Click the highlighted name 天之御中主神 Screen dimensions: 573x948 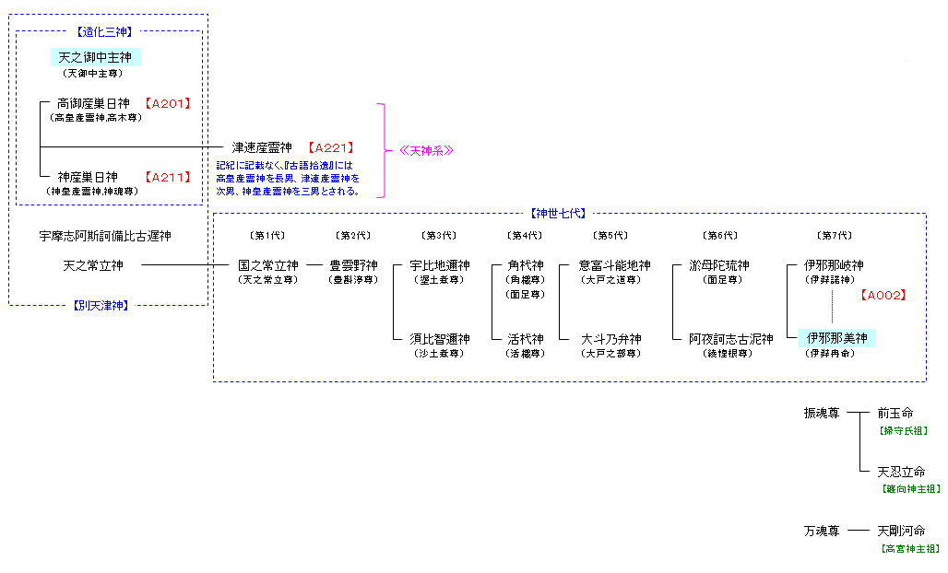pos(95,58)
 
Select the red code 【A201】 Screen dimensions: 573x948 pos(167,103)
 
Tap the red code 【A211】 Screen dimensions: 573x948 pos(167,177)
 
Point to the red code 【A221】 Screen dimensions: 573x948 pos(330,147)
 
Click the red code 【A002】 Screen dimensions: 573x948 pos(883,296)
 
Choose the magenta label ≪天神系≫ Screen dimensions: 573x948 pos(426,150)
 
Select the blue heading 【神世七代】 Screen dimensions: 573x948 pos(559,214)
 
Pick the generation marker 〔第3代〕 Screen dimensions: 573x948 pos(440,237)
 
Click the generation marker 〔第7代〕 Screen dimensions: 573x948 pos(835,237)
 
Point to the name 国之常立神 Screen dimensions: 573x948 pos(268,266)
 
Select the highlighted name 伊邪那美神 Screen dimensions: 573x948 pos(837,339)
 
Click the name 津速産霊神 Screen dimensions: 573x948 pos(262,147)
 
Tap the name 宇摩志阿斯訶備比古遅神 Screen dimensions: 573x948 pos(105,237)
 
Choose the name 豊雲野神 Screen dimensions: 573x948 pos(354,266)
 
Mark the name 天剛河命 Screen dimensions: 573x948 pos(901,532)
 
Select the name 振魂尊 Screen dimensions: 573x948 pos(821,414)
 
